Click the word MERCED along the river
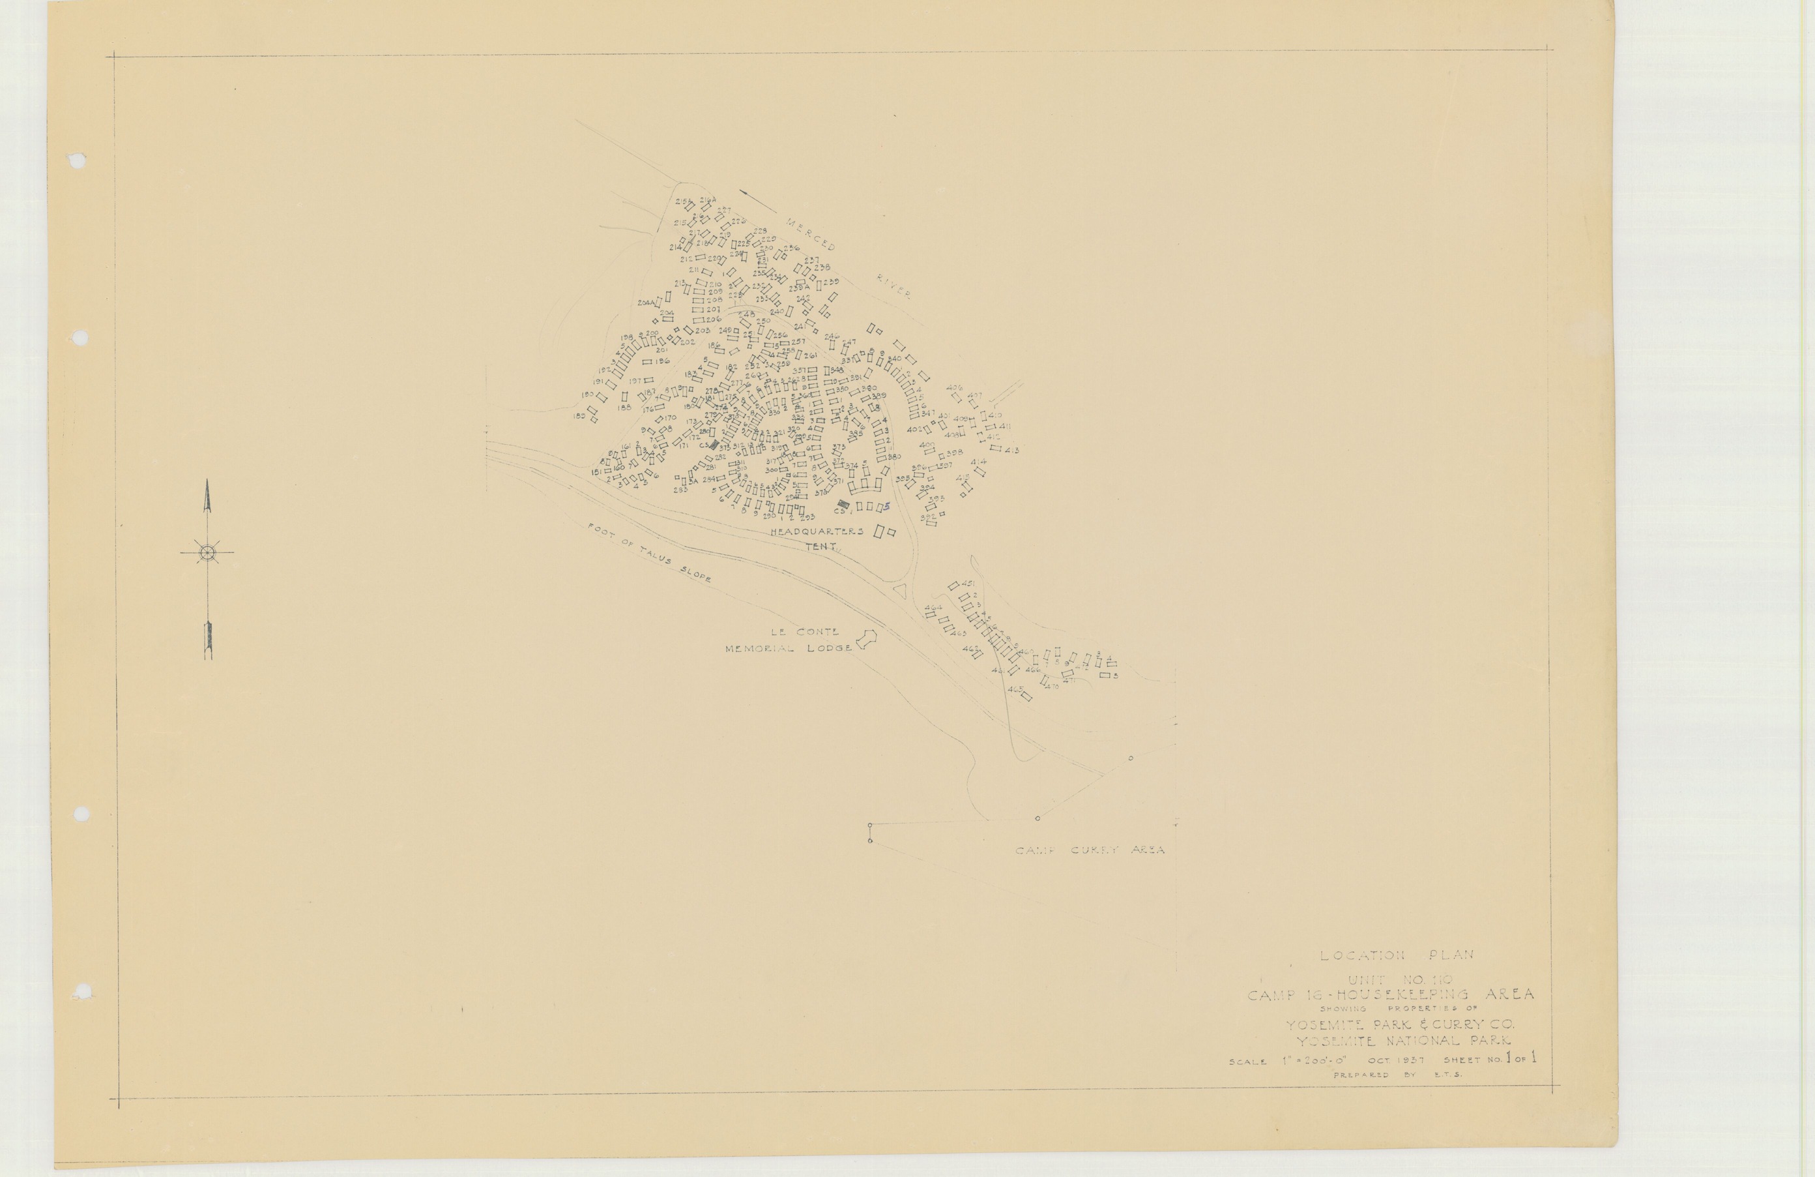point(811,233)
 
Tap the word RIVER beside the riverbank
point(893,287)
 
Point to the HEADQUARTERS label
point(816,531)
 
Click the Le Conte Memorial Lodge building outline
point(865,640)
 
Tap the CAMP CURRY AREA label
point(1090,850)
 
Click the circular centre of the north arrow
point(207,552)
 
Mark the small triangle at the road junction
point(900,590)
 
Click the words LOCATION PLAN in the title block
point(1397,955)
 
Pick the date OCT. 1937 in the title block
point(1397,1060)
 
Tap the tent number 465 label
point(1014,689)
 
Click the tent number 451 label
point(968,584)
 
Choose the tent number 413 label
point(1011,450)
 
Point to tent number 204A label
point(646,303)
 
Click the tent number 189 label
point(579,416)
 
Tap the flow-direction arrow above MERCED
point(758,202)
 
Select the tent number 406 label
point(954,387)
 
